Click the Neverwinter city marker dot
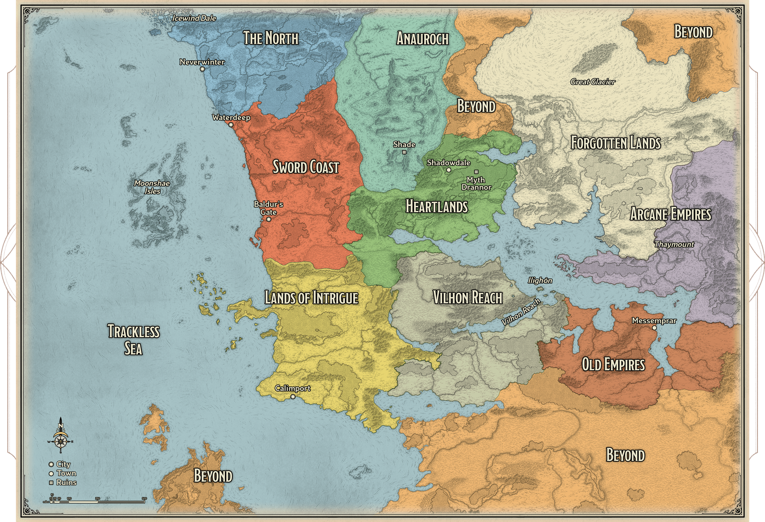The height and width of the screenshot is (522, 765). click(202, 69)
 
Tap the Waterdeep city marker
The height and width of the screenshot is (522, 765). click(231, 125)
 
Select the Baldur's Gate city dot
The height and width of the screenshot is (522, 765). click(269, 219)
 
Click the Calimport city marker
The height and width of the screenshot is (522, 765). click(293, 397)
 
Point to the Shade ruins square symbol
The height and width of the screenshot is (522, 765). click(404, 152)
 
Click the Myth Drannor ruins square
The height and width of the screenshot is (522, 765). click(476, 172)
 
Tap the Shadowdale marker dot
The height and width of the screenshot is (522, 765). click(448, 170)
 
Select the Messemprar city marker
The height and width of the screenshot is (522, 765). click(654, 328)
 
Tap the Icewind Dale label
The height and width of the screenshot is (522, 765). click(194, 18)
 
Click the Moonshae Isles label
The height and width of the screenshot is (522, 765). click(152, 187)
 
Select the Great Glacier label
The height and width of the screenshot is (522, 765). click(593, 81)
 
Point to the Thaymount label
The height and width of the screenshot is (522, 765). click(674, 244)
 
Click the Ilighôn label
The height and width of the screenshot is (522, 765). click(540, 280)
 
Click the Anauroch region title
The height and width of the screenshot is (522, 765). click(422, 39)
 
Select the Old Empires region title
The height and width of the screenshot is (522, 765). click(613, 364)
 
